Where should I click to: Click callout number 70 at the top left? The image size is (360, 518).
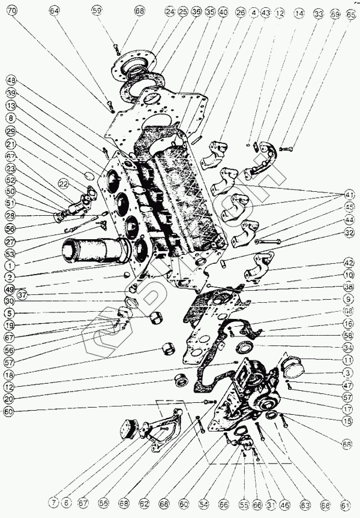pos(12,11)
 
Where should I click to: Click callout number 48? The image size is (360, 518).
pos(11,80)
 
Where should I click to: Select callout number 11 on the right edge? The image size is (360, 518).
pos(347,360)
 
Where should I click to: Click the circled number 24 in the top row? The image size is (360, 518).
pos(170,11)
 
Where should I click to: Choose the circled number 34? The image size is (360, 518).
pos(347,348)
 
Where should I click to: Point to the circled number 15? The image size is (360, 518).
pos(347,421)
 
